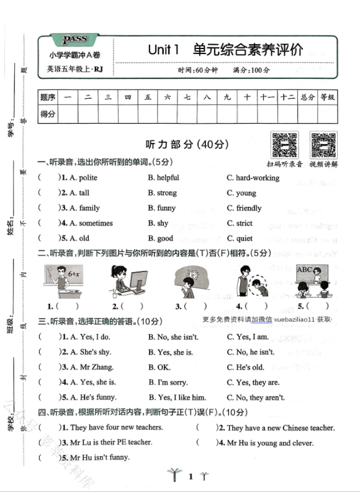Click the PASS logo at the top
tap(75, 40)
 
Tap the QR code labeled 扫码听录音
tap(284, 145)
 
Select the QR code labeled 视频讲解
tap(323, 145)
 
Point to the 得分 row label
tap(48, 114)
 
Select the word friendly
tap(248, 208)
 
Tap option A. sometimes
tap(91, 223)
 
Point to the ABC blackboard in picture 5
tap(305, 270)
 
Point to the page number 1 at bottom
tap(191, 477)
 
